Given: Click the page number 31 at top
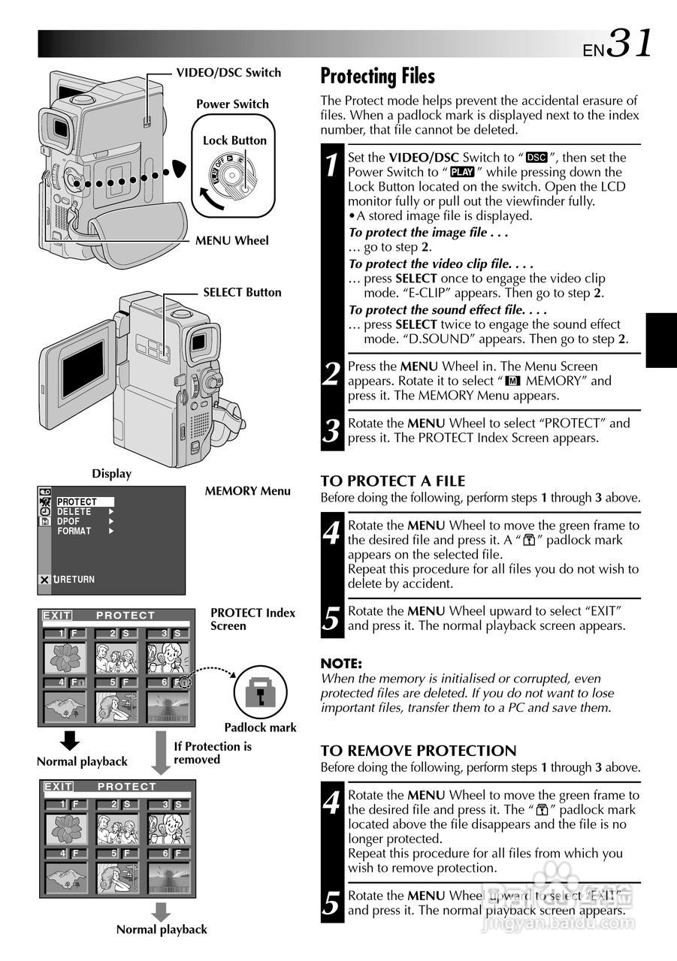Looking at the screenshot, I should (629, 44).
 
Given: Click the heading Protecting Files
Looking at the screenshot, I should (377, 77).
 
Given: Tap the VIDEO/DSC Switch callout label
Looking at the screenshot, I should (228, 73).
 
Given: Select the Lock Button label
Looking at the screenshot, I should (234, 140).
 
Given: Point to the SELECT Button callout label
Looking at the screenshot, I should (242, 293).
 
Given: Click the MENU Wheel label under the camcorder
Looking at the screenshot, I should (231, 241).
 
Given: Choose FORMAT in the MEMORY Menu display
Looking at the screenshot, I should (74, 531).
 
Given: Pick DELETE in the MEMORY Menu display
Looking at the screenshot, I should (74, 511).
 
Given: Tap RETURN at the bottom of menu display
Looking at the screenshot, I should (77, 580).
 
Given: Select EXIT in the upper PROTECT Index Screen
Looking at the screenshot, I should (57, 616).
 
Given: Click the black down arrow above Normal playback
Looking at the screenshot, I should (70, 740).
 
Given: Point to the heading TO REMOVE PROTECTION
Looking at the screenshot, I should (419, 751).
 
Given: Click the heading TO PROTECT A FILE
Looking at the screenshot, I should (393, 481).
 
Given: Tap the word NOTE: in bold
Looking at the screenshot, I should (341, 664).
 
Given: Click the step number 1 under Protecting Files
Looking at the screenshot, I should (331, 164).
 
